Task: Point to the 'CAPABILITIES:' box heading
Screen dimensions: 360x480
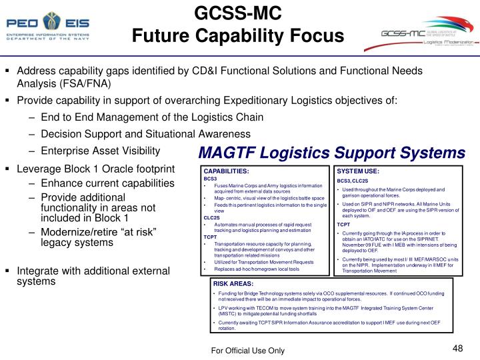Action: pos(226,171)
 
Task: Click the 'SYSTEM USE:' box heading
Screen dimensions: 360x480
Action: pos(358,171)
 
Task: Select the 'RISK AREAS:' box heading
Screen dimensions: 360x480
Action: pos(229,284)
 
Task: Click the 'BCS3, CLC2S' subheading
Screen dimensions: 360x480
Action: pos(353,181)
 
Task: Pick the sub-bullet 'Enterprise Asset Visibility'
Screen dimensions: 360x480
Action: pos(100,150)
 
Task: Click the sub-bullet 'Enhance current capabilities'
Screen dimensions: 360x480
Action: pos(107,183)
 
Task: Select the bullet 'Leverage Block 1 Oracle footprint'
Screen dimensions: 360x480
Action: pos(95,169)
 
